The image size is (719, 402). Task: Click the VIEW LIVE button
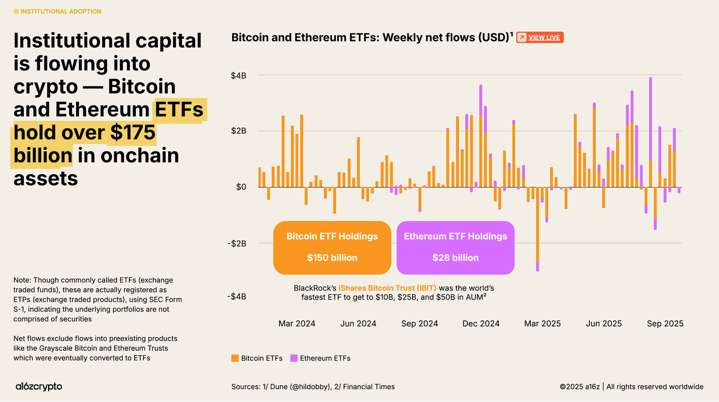coord(540,37)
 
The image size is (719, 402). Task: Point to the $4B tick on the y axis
coord(239,76)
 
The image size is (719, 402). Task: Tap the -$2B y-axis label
coord(237,243)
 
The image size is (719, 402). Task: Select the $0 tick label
coord(241,187)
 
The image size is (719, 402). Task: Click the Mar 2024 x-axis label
coord(297,324)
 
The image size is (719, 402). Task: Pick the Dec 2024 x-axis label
coord(481,324)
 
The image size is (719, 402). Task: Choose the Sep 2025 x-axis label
coord(665,324)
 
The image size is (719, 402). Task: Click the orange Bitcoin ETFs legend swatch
coord(235,358)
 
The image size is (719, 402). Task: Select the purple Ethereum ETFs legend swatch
coord(294,358)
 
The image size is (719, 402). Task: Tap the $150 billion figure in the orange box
coord(332,258)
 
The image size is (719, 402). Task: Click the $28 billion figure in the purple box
coord(455,258)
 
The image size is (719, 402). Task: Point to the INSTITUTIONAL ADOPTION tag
coord(60,11)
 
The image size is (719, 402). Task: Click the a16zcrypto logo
coord(39,387)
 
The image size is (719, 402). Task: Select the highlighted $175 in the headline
coord(133,133)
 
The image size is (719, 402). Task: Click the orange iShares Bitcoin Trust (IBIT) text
coord(387,288)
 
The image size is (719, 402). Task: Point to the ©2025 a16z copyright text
coord(580,387)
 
